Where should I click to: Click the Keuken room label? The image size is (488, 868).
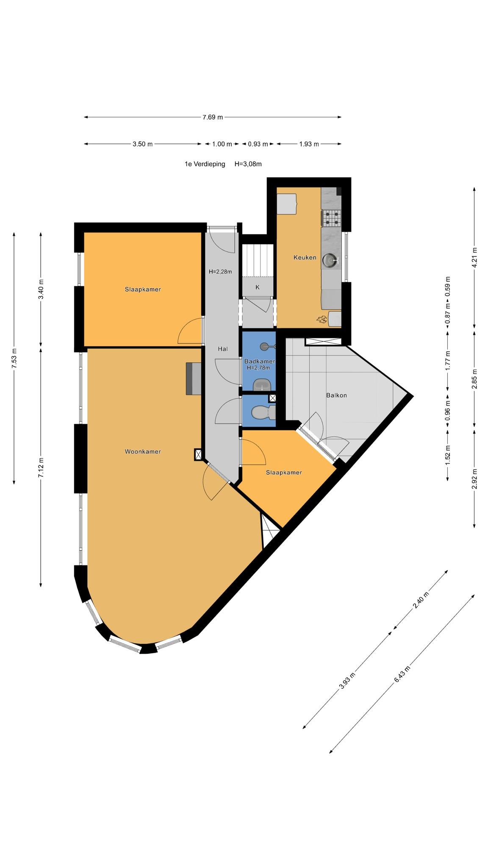click(x=305, y=257)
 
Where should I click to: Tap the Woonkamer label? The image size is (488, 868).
click(x=143, y=451)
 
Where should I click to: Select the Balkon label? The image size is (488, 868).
click(x=336, y=395)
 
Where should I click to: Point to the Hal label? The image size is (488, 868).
click(x=223, y=349)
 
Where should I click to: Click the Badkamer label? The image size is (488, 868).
click(x=260, y=362)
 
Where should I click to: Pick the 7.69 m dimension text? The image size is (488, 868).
click(x=213, y=117)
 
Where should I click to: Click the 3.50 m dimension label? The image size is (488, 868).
click(x=142, y=144)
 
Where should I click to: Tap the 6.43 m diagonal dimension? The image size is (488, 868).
click(x=402, y=674)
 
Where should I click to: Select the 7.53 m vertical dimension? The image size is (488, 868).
click(x=14, y=359)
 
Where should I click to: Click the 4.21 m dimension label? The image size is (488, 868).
click(x=474, y=257)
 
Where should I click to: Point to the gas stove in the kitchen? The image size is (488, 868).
click(x=331, y=218)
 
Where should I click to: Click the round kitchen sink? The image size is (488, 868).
click(x=330, y=261)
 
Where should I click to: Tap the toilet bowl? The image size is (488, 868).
click(x=263, y=412)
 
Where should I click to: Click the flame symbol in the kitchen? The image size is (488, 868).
click(x=321, y=319)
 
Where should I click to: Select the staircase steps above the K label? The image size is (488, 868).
click(x=257, y=261)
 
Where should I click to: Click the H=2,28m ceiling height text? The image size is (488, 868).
click(x=220, y=272)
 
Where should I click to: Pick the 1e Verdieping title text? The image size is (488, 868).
click(x=205, y=164)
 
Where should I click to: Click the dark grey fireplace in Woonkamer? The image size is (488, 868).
click(x=193, y=378)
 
